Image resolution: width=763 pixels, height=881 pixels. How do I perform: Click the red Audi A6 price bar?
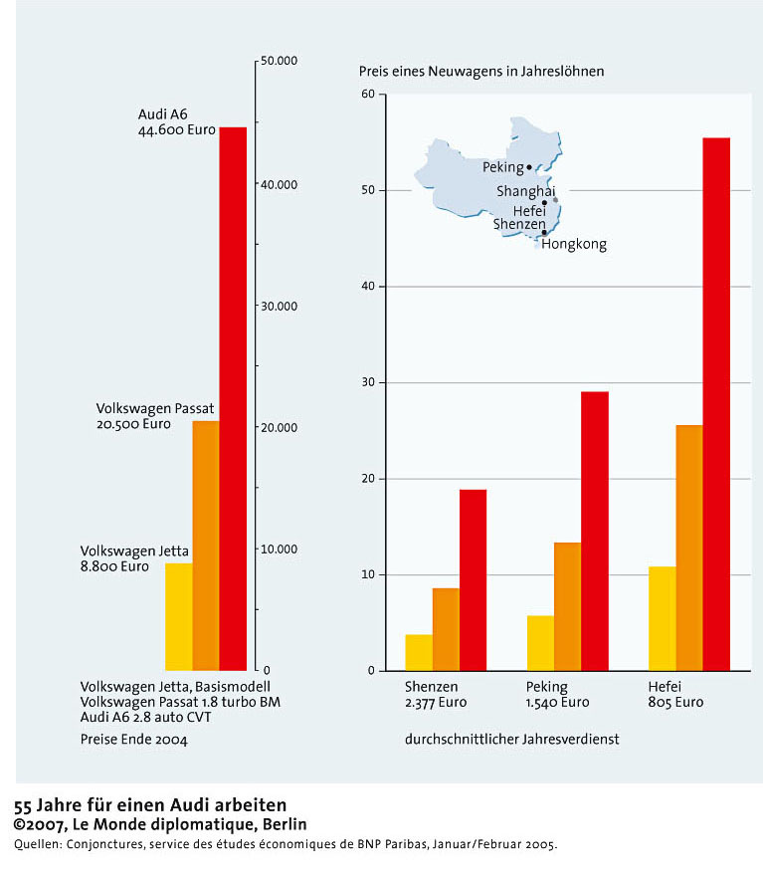pos(233,399)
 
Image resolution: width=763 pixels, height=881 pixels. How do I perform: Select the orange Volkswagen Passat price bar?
pos(206,546)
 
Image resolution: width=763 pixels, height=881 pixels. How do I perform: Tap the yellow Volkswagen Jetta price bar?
pos(179,617)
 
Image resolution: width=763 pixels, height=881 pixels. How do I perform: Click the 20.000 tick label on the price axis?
pos(280,428)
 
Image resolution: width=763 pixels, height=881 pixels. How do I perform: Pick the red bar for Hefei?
pos(716,404)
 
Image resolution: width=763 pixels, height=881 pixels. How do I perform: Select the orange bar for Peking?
pos(568,606)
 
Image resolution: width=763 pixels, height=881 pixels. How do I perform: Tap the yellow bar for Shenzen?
pos(419,652)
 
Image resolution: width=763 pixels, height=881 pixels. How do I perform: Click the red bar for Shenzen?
pos(474,579)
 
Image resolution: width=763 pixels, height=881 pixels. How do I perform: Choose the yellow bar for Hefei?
pos(663,618)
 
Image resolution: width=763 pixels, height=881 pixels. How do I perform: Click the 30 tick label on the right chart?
pos(368,382)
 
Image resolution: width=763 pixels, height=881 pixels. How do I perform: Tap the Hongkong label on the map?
pos(574,245)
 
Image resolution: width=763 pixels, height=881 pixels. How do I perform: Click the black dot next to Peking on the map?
pos(529,167)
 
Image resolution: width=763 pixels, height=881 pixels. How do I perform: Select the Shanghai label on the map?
pos(525,191)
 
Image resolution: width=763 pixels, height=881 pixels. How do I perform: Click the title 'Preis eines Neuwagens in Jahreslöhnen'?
pos(481,72)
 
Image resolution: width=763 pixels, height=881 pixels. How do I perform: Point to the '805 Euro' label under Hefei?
pos(676,703)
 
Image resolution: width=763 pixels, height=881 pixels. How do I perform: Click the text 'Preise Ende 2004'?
pos(133,740)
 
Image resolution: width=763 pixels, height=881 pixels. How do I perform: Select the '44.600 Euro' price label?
pos(177,129)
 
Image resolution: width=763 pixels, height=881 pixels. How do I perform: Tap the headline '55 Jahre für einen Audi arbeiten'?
pos(150,805)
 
